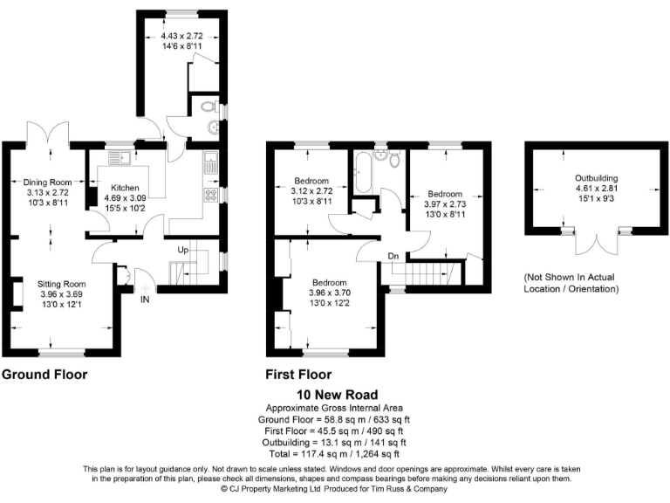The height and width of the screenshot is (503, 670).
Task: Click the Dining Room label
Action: [x=47, y=182]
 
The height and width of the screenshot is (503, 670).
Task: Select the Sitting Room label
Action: [x=61, y=284]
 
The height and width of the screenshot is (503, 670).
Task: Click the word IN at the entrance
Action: [x=146, y=299]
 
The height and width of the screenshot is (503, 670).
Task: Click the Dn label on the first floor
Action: [x=394, y=256]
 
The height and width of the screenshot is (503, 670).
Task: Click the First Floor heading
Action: [x=298, y=375]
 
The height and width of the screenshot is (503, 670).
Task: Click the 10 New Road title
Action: [x=334, y=395]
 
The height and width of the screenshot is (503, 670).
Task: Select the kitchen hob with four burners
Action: [x=210, y=194]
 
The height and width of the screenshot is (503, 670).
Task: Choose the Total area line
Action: [x=334, y=453]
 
